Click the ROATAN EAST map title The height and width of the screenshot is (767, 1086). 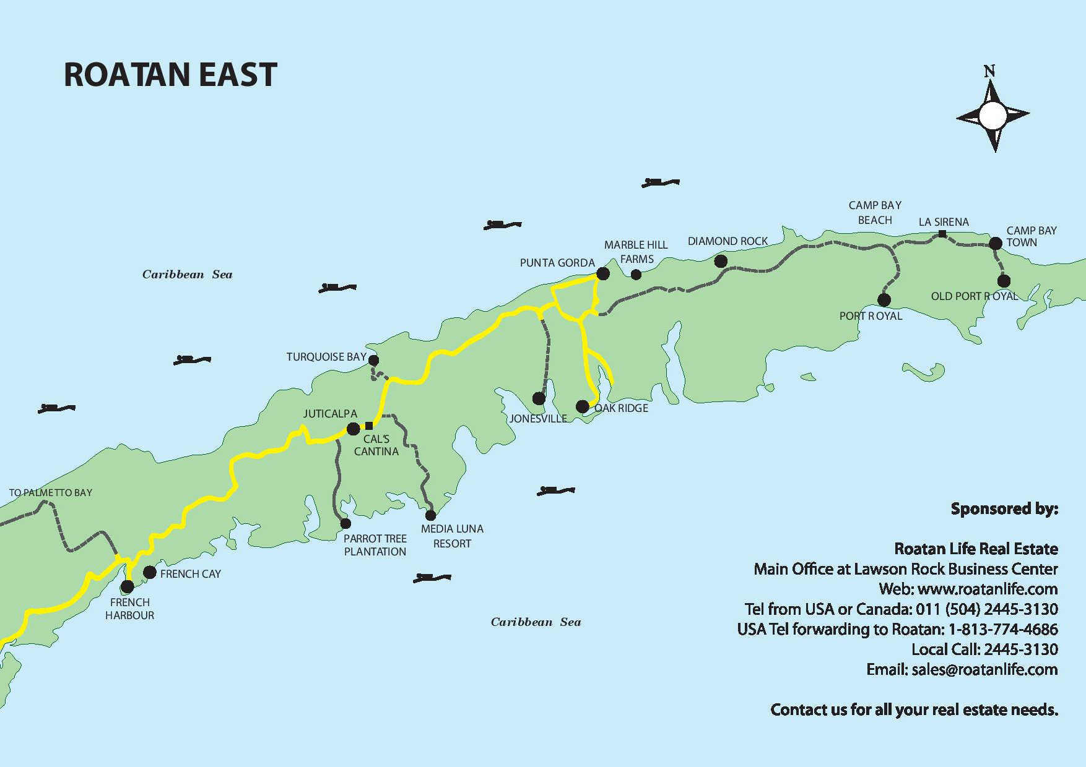tap(170, 75)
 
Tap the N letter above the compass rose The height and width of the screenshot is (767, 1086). tap(989, 71)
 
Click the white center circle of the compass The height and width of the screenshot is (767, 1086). tap(993, 116)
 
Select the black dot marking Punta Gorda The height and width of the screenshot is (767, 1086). tap(602, 273)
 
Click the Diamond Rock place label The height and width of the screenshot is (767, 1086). tap(728, 241)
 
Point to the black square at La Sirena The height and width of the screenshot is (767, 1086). tap(942, 234)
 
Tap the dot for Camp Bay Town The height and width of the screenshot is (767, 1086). tap(995, 243)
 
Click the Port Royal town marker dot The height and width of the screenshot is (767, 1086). tap(884, 300)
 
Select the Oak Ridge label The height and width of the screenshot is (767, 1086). tap(621, 408)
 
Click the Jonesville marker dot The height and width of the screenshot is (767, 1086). tap(539, 398)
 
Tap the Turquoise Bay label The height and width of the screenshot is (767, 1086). tap(326, 357)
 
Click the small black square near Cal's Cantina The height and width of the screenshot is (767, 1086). tap(369, 426)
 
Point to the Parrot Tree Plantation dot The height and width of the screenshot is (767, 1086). tap(345, 523)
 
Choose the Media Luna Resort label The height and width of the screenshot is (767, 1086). tap(452, 536)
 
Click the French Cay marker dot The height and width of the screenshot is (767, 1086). tap(149, 572)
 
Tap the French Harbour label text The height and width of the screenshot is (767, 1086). tap(129, 609)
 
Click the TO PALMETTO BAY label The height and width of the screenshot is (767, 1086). tap(51, 493)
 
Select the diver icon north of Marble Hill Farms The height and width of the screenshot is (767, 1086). tap(661, 182)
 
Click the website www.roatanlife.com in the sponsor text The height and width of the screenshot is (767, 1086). tap(987, 589)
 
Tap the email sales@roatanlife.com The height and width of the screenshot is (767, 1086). tap(984, 669)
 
